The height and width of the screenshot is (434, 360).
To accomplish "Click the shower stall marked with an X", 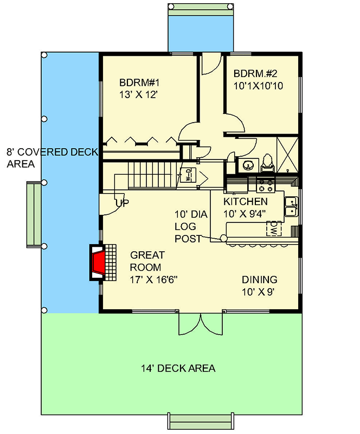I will tap(287, 154).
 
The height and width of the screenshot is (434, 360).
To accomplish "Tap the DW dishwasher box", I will tap(274, 229).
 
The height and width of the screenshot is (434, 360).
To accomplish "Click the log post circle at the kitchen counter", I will tap(223, 239).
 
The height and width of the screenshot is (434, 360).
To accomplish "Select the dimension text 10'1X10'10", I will tap(259, 86).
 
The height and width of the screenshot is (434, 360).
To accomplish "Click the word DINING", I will tap(259, 280).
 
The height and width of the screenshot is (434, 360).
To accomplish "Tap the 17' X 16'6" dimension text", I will tap(154, 280).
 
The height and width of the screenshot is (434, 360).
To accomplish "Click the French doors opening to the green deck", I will tap(201, 324).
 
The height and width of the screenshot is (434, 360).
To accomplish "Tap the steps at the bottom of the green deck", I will tap(201, 423).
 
